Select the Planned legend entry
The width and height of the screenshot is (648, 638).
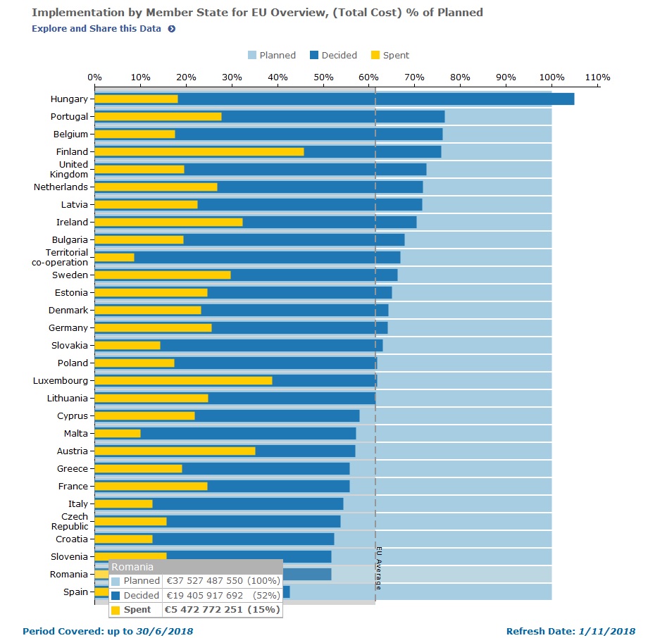(x=271, y=56)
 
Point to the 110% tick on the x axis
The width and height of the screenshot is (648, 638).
(x=597, y=77)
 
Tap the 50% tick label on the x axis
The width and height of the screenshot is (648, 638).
(x=323, y=77)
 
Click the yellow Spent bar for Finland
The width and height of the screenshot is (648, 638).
(x=199, y=151)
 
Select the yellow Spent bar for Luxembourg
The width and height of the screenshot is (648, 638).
(x=183, y=380)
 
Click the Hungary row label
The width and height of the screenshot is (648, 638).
(x=69, y=99)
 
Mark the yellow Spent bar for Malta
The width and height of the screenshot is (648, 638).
(x=118, y=433)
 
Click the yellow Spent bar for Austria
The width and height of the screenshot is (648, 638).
(x=175, y=451)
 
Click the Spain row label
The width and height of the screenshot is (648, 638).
(x=75, y=592)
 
